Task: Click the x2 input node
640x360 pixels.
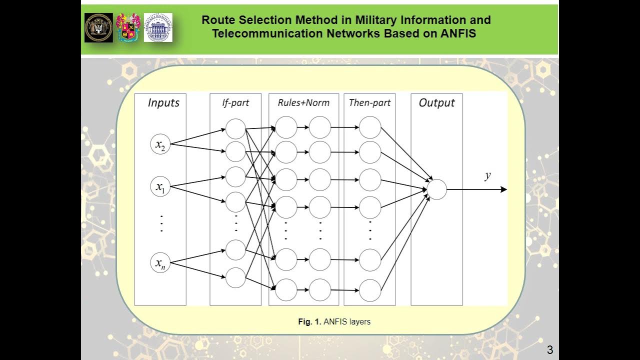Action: (160, 144)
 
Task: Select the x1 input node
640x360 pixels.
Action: (160, 187)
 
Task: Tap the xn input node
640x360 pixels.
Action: (160, 263)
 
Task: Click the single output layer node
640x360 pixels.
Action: (436, 189)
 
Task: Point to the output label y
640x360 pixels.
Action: (487, 175)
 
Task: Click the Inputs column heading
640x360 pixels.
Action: (163, 103)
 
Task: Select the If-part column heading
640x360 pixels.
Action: (235, 103)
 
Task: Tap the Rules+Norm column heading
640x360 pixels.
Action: (303, 103)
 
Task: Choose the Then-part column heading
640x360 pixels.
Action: (369, 103)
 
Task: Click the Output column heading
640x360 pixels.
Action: (436, 103)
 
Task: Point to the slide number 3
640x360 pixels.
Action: (550, 350)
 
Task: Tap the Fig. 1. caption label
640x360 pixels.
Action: (309, 322)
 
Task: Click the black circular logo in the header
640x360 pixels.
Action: (98, 27)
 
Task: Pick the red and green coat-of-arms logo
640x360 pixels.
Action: (128, 27)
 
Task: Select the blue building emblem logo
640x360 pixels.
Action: (158, 27)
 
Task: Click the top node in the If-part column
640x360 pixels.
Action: (235, 128)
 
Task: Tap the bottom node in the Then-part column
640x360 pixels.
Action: (370, 290)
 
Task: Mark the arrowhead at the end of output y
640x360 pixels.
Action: (504, 189)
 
